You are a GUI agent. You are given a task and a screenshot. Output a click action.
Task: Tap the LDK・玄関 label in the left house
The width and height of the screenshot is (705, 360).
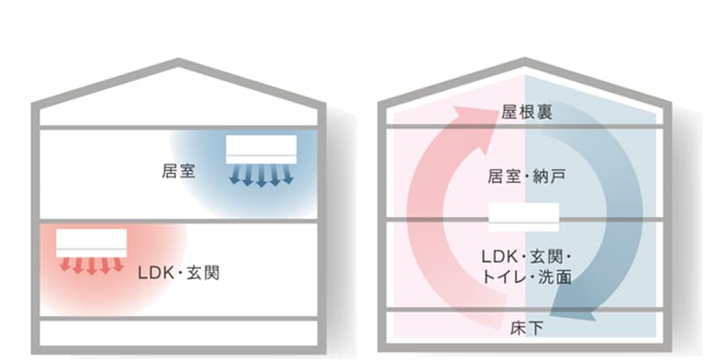pyautogui.click(x=178, y=273)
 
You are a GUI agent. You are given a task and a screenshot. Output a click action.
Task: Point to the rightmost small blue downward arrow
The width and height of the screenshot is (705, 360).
pyautogui.click(x=289, y=174)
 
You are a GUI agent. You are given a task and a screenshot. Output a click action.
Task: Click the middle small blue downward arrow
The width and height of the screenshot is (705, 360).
pyautogui.click(x=262, y=176)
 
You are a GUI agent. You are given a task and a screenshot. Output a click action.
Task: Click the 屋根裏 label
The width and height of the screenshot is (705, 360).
pyautogui.click(x=524, y=113)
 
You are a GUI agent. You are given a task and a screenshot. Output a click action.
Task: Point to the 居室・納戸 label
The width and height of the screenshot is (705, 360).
pyautogui.click(x=524, y=177)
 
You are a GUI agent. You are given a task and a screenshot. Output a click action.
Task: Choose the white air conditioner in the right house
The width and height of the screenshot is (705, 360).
pyautogui.click(x=523, y=218)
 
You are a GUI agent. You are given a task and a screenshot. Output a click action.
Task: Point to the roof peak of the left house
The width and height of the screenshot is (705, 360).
pyautogui.click(x=178, y=62)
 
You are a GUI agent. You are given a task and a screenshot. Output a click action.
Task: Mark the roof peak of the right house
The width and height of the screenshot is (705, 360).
pyautogui.click(x=524, y=62)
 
